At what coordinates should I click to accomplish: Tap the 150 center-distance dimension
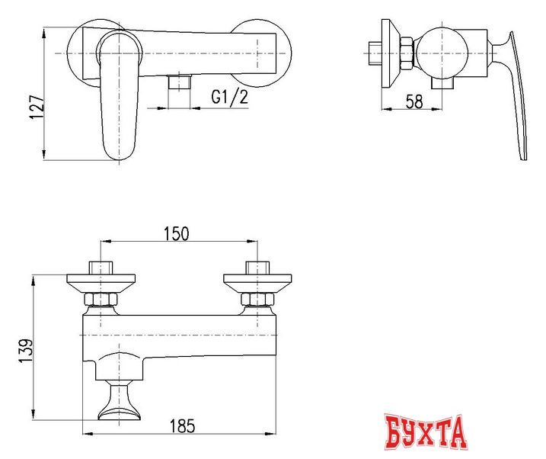pyautogui.click(x=176, y=234)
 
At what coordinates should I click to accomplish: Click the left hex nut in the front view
pyautogui.click(x=101, y=298)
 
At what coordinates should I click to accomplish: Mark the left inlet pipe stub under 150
pyautogui.click(x=101, y=268)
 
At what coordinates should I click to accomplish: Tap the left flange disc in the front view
pyautogui.click(x=101, y=281)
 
